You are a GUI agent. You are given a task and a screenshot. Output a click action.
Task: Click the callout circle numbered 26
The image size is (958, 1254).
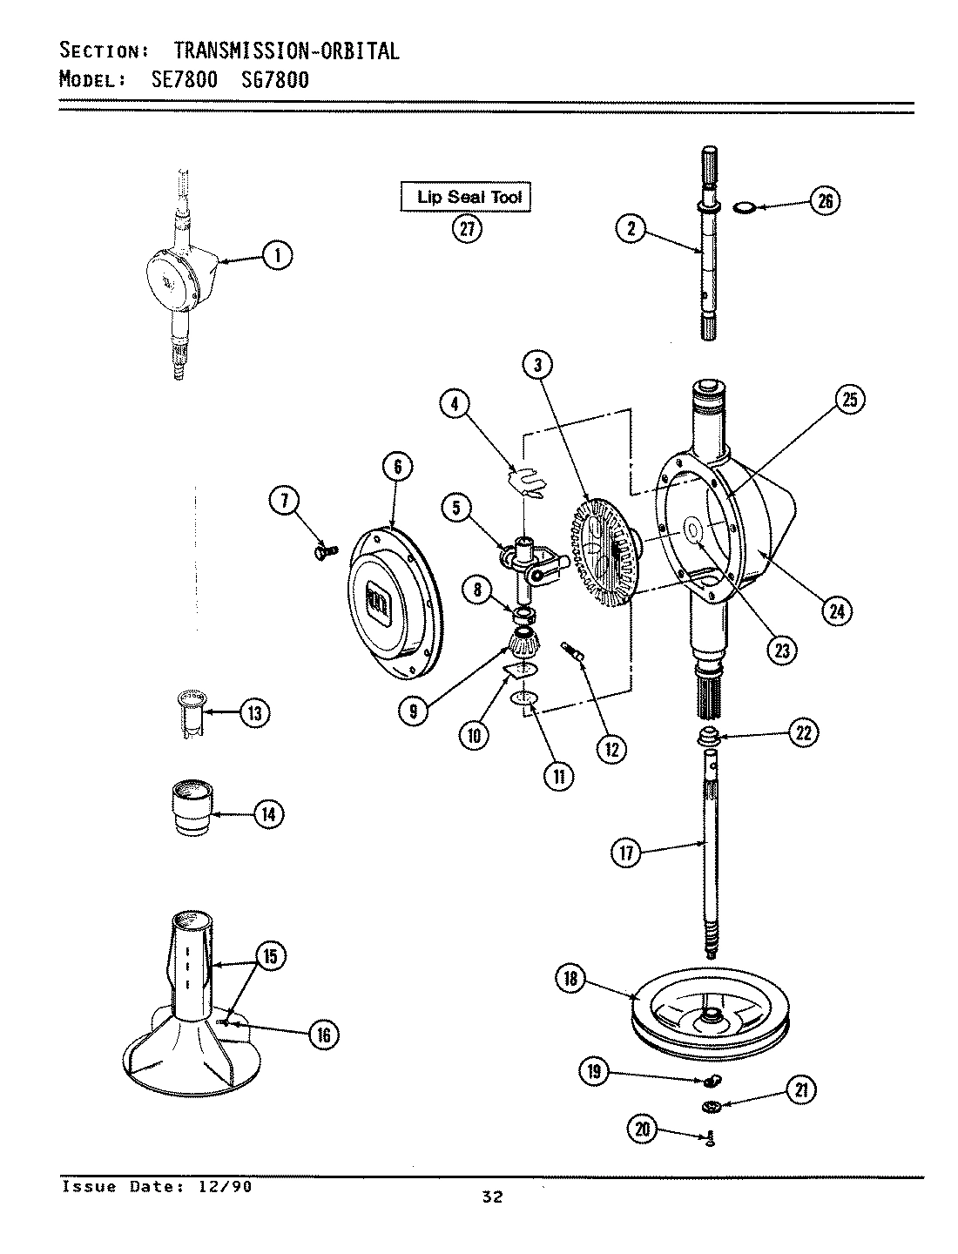coord(825,201)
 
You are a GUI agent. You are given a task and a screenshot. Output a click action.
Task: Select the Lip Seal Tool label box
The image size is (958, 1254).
coord(465,197)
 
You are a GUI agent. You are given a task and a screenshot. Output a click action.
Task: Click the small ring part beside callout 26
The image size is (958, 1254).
coord(743,207)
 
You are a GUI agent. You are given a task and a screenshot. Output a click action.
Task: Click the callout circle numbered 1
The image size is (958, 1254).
coord(278,255)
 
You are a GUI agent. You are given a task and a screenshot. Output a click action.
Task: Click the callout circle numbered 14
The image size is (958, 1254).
coord(268,814)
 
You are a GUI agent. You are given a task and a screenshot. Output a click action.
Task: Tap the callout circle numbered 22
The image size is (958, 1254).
coord(802,734)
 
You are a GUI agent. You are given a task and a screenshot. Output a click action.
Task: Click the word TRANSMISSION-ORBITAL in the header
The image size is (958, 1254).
coord(278,51)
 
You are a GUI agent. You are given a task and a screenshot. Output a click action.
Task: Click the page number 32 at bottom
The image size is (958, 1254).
coord(492,1197)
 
